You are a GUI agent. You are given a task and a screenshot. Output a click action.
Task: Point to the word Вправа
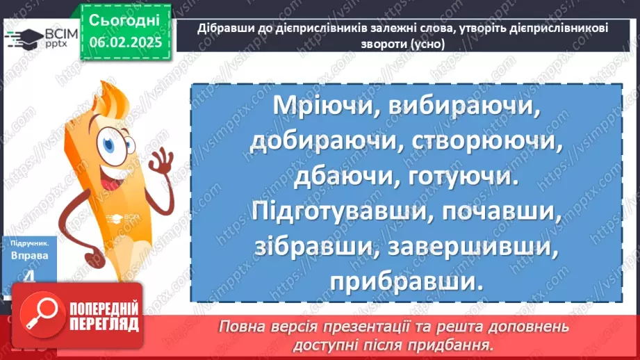(29, 256)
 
